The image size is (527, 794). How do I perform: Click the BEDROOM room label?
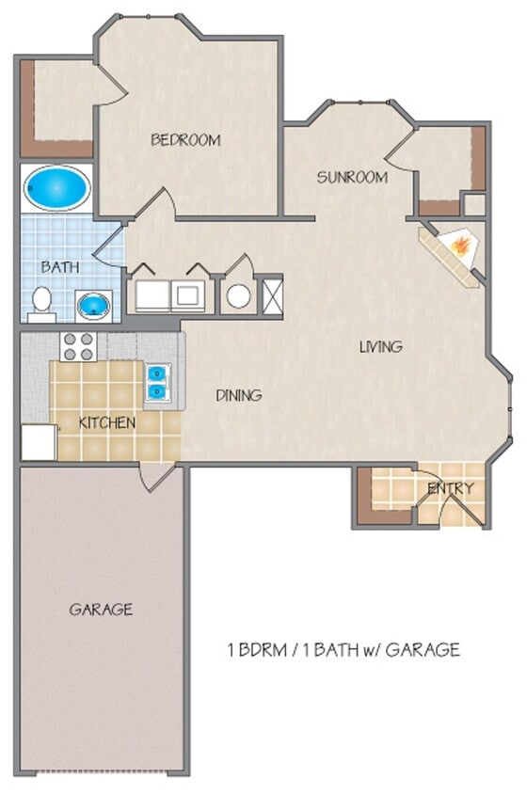tap(185, 140)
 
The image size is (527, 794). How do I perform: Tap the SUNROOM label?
tap(352, 177)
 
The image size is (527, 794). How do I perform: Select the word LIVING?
tap(380, 346)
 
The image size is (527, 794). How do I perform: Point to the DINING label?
tap(238, 395)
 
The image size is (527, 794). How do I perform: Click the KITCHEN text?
tap(106, 422)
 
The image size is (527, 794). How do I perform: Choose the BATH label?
tap(58, 267)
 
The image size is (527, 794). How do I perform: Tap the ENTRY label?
tap(450, 488)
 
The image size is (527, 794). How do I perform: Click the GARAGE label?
tap(101, 610)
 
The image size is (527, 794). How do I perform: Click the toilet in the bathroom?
tap(41, 302)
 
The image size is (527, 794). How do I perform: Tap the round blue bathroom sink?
tap(92, 305)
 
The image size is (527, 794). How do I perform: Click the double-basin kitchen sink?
tap(156, 384)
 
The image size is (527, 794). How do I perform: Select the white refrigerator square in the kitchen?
tap(38, 442)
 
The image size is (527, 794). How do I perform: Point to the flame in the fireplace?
tap(460, 246)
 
